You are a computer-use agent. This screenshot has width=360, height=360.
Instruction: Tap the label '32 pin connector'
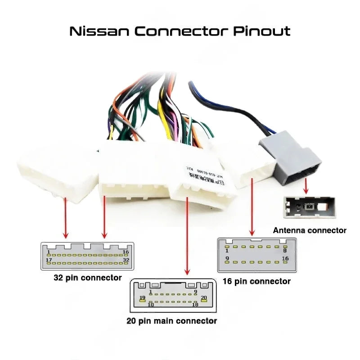[x=88, y=278]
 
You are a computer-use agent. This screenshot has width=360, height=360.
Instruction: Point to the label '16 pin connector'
[x=256, y=281]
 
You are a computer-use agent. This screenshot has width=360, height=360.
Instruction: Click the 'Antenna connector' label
[x=310, y=230]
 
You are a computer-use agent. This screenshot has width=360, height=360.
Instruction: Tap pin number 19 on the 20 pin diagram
[x=142, y=298]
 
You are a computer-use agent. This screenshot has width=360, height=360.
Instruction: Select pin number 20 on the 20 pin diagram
[x=203, y=298]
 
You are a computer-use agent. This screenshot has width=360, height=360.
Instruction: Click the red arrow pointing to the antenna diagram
[x=306, y=184]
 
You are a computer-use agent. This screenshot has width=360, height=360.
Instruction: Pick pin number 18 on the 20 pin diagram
[x=195, y=305]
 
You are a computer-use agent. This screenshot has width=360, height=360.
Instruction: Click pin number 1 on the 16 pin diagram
[x=227, y=250]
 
